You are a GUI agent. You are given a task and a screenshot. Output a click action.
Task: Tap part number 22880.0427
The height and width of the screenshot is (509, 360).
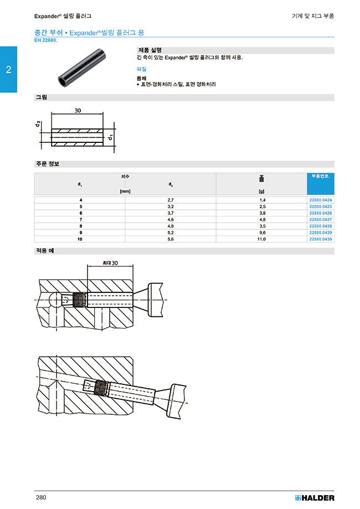pyautogui.click(x=321, y=219)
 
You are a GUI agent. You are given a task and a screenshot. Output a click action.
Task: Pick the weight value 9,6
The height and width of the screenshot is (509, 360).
pyautogui.click(x=261, y=233)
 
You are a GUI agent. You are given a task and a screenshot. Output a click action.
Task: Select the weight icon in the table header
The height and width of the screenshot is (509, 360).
pyautogui.click(x=261, y=178)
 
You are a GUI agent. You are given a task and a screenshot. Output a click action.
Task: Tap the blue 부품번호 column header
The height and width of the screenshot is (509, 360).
pyautogui.click(x=321, y=176)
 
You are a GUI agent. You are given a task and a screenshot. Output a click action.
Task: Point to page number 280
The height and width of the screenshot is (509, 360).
pyautogui.click(x=41, y=497)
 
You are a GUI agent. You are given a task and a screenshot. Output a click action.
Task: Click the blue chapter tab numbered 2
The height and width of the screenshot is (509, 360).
pyautogui.click(x=8, y=70)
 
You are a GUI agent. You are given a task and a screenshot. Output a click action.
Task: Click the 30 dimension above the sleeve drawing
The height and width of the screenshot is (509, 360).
pyautogui.click(x=78, y=111)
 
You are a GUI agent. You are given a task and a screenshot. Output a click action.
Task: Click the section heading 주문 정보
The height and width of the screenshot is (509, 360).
pyautogui.click(x=47, y=164)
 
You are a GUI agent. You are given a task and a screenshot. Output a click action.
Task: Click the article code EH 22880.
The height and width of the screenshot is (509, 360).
pyautogui.click(x=46, y=40)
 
